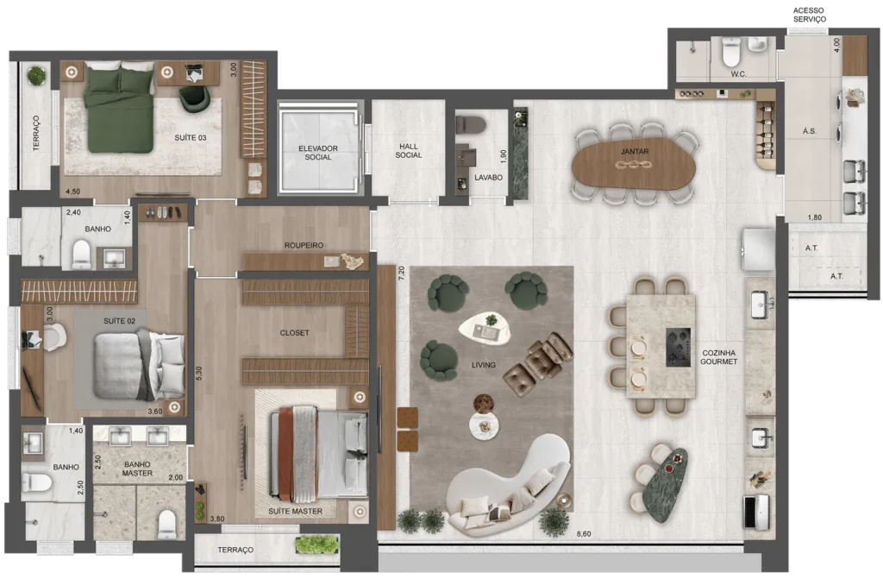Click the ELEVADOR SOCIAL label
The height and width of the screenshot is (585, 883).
tap(317, 153)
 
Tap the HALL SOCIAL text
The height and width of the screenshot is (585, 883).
tap(408, 150)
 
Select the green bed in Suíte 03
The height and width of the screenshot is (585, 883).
tap(119, 107)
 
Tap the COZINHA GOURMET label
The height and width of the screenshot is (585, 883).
tap(718, 357)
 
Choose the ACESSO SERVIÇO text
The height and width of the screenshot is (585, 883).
tap(809, 15)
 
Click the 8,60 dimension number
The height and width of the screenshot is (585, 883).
tap(584, 534)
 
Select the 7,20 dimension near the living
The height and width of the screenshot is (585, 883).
tap(402, 274)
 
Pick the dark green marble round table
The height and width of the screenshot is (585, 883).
tap(666, 484)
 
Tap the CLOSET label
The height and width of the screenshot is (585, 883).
tap(295, 333)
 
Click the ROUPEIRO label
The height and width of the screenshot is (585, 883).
tap(304, 245)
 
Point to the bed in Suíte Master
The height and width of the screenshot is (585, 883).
tap(318, 454)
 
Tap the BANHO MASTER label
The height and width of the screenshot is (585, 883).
tap(137, 469)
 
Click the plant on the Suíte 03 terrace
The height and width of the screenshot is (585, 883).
tap(37, 76)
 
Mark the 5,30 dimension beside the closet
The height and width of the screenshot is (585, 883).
tap(199, 374)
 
